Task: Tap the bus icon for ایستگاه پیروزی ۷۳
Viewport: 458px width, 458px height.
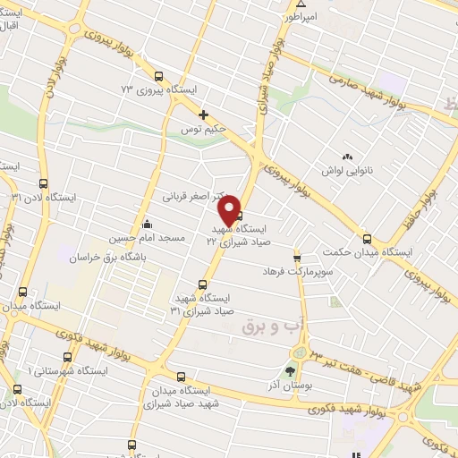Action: pos(158,76)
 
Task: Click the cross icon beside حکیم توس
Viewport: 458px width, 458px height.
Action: pos(204,114)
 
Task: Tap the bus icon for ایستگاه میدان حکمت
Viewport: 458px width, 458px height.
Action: pos(367,238)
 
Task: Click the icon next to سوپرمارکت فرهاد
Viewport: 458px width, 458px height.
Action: pos(298,257)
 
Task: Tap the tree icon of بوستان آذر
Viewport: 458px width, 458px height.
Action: pos(289,369)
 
